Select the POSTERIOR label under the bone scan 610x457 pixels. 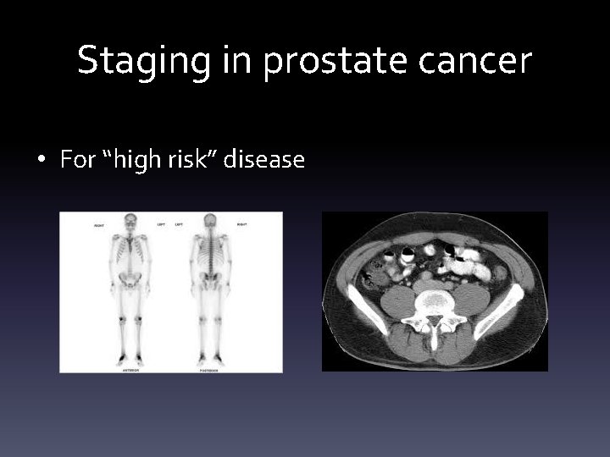point(209,368)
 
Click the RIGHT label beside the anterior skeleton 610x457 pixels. point(100,224)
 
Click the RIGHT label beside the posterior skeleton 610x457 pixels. point(242,224)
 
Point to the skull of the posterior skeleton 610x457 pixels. point(209,223)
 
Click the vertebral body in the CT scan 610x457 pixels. point(434,300)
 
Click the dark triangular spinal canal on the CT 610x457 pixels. point(434,320)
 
